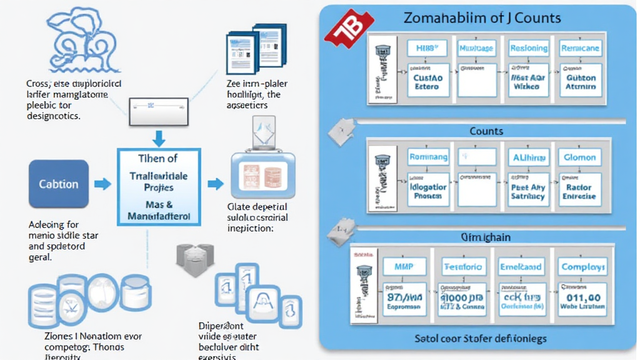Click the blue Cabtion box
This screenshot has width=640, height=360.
click(x=59, y=184)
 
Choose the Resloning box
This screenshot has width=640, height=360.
click(x=528, y=48)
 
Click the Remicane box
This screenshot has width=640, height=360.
click(x=580, y=48)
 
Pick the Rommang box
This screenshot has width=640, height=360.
click(x=428, y=157)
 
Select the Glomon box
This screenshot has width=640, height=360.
click(x=580, y=157)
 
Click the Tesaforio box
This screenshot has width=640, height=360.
click(x=462, y=267)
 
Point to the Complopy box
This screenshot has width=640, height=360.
click(x=581, y=267)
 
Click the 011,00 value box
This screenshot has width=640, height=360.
click(x=581, y=301)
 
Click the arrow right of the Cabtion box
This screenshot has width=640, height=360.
click(x=102, y=184)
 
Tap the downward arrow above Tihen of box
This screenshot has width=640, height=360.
click(x=159, y=137)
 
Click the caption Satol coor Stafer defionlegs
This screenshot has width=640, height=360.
click(x=480, y=339)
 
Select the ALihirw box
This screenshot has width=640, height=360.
click(x=528, y=157)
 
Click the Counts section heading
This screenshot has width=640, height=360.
click(x=486, y=131)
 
